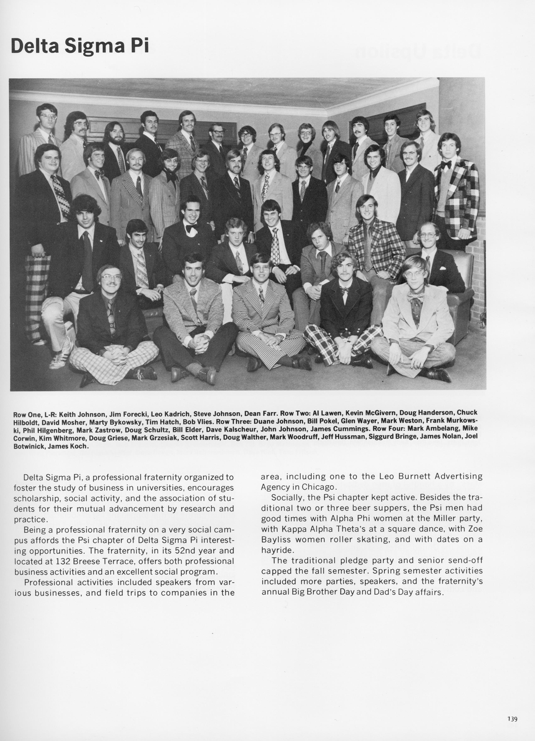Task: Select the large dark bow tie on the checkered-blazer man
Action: pos(446,164)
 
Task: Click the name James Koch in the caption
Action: pos(68,446)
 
